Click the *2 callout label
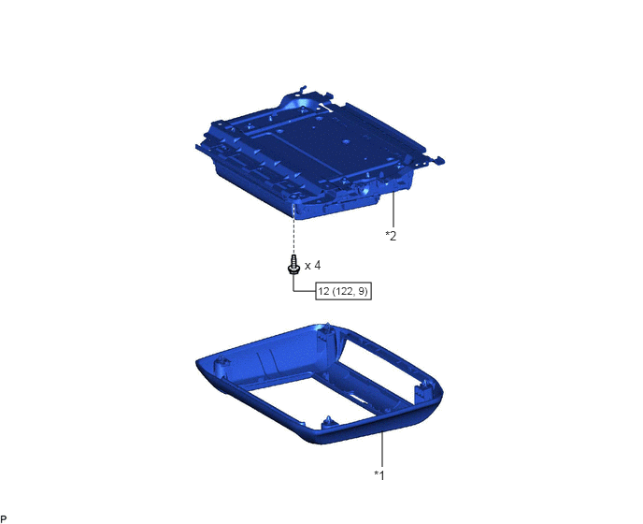click(391, 236)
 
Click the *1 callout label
click(379, 475)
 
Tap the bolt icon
click(293, 265)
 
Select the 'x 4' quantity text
click(312, 266)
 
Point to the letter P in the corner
click(4, 519)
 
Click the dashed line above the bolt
click(293, 233)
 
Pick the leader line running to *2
click(393, 210)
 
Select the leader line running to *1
click(382, 450)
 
